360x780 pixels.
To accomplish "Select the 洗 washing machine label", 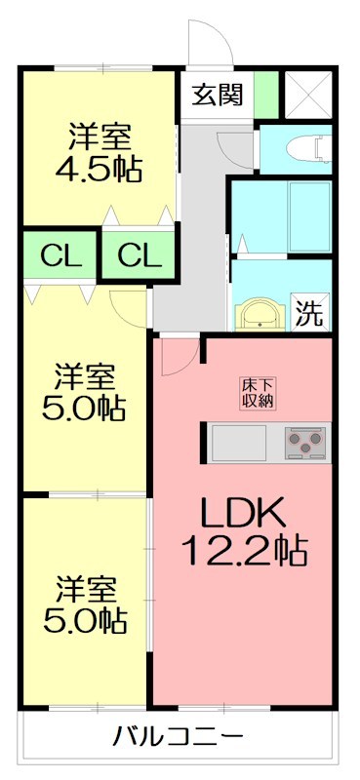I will tap(309, 313).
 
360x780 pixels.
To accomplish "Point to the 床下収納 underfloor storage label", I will tap(259, 391).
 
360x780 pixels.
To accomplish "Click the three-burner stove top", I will tap(307, 444).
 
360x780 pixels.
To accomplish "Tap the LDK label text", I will tap(242, 513).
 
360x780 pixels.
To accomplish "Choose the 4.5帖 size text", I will tap(100, 168).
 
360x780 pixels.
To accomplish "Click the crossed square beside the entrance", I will tap(308, 95).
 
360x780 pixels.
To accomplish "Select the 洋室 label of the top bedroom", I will tap(100, 134).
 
